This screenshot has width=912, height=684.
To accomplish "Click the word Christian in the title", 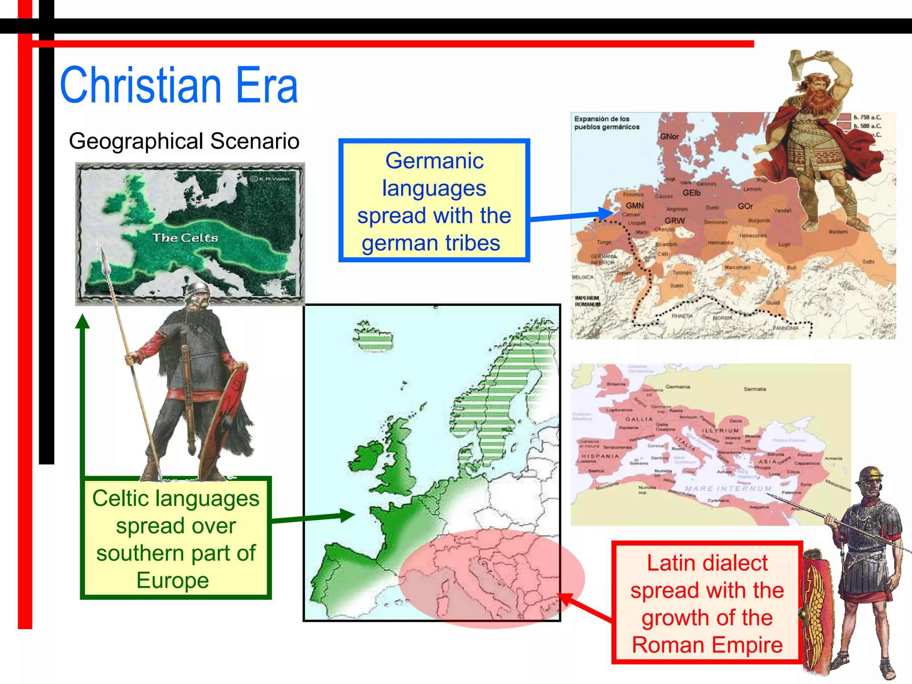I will (x=140, y=85).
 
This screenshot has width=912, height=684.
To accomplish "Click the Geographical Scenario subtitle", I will (x=184, y=141).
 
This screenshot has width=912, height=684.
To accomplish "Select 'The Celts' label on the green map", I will (x=185, y=238).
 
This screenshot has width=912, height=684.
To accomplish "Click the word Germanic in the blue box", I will (x=434, y=161).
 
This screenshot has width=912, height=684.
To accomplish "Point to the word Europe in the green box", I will (x=173, y=580).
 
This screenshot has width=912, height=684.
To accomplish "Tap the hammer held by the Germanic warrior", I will (x=800, y=62).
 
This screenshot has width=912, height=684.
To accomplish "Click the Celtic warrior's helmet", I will (x=198, y=290).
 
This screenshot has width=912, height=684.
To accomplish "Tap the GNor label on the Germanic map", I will (x=669, y=136).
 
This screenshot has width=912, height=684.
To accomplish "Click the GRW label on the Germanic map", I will (x=675, y=221).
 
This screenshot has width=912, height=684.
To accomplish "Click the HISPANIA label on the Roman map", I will (x=600, y=456).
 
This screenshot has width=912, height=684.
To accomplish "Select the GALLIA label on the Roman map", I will (x=639, y=419).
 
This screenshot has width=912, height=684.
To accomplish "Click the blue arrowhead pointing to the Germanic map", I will (x=607, y=214).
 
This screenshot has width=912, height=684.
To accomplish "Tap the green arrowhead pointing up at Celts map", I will (x=82, y=321).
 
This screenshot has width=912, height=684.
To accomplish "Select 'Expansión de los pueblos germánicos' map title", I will (x=607, y=123).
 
